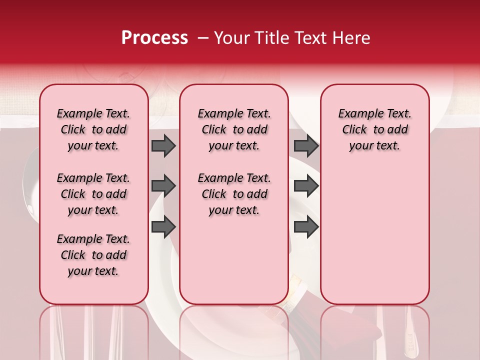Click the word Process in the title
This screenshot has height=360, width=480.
pos(154,38)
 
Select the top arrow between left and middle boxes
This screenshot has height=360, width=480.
pos(163,146)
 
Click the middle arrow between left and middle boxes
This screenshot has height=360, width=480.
pos(163,186)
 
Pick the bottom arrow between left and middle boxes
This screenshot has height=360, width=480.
pos(163,227)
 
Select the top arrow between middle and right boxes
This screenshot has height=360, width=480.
pos(306,146)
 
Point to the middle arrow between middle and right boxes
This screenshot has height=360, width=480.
pos(306,186)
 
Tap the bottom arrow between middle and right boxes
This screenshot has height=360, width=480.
pos(306,227)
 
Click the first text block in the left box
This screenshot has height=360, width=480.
pos(93,129)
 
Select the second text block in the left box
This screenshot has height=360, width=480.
pos(93,194)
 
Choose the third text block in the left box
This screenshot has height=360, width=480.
pos(93,255)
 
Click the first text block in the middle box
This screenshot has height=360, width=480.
pos(234,129)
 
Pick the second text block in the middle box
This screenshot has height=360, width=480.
pos(234,194)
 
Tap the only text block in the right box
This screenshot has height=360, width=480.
pos(374,129)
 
